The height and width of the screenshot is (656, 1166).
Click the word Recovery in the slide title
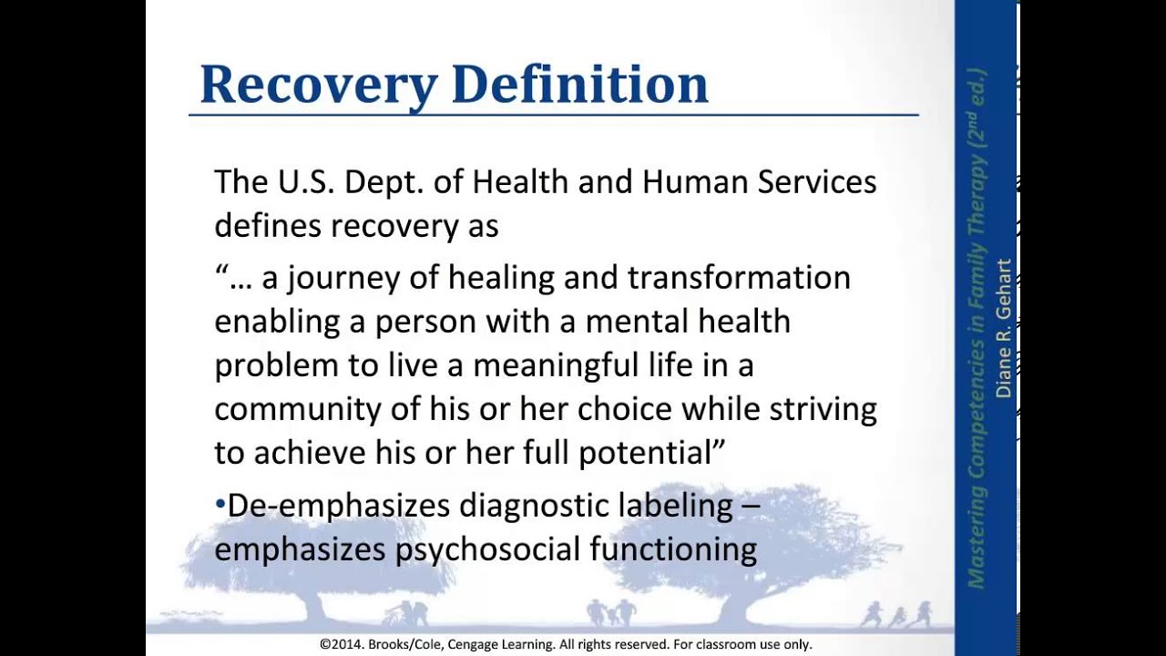pos(318,84)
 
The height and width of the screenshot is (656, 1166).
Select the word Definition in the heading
pos(579,84)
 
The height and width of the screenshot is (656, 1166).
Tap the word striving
pos(823,409)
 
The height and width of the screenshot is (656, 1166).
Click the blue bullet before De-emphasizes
pos(220,505)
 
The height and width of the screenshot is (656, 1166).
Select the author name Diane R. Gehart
pos(1003,328)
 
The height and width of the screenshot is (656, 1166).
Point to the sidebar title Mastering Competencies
pos(976,492)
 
